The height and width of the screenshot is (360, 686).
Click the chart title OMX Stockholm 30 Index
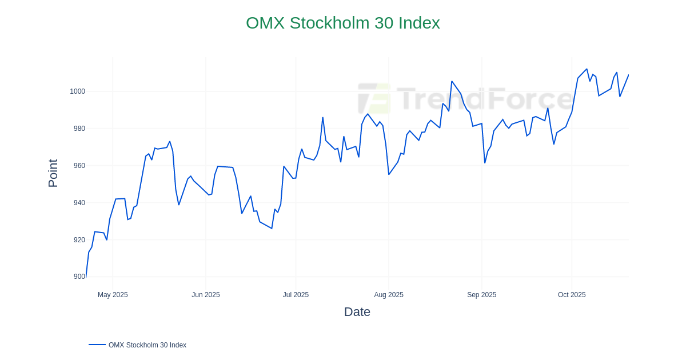343,23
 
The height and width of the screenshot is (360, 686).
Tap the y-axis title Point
53,173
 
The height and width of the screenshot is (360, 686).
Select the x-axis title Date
357,312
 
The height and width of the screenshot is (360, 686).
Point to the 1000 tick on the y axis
77,91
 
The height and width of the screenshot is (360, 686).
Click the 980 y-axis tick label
79,129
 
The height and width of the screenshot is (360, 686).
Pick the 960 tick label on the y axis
79,166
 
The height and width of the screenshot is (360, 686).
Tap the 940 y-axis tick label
79,203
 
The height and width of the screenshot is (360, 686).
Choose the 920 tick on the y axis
79,240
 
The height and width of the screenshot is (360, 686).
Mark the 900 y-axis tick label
79,277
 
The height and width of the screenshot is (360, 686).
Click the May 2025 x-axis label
113,295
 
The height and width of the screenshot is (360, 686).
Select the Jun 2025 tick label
206,295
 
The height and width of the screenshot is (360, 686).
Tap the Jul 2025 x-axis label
296,295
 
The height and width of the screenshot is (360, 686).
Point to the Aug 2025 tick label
389,295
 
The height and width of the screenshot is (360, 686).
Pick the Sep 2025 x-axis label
482,295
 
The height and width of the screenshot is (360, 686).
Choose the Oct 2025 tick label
572,295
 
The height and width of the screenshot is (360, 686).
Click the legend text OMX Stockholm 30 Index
147,345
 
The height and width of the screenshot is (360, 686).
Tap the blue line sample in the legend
97,345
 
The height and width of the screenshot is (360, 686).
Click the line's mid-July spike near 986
322,118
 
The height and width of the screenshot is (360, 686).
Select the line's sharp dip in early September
485,163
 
